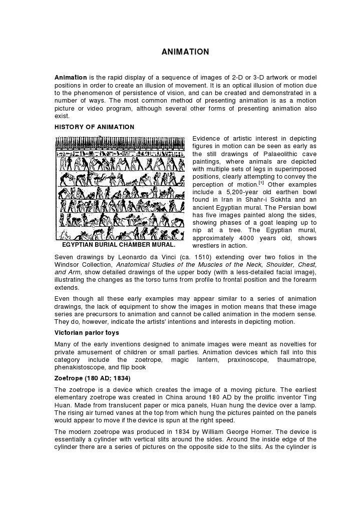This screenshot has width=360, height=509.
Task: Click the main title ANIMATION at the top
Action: point(185,52)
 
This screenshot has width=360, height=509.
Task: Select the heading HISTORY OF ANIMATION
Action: point(94,127)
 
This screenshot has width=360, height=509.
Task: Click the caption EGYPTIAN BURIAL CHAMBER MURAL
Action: point(119,245)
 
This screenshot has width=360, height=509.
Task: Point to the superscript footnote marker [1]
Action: point(261,183)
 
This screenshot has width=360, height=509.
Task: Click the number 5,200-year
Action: point(239,192)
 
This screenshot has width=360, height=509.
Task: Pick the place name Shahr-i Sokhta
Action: point(272,200)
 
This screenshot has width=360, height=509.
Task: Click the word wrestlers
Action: point(207,246)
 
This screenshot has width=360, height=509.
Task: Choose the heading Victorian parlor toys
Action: point(86,333)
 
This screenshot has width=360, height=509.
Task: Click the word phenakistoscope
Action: point(80,367)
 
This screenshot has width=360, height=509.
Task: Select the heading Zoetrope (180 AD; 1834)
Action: point(93,378)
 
